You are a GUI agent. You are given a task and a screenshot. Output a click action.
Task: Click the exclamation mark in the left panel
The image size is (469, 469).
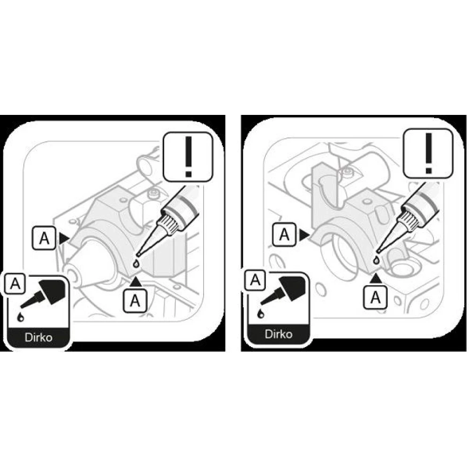click(188, 157)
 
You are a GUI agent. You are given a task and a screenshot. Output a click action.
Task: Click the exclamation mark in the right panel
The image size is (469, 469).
click(429, 153)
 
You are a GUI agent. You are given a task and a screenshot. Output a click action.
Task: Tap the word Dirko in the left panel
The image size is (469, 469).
click(38, 337)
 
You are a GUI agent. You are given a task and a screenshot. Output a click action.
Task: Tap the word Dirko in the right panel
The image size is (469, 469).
click(279, 334)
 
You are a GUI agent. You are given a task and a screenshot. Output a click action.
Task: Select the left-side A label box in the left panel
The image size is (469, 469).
click(44, 238)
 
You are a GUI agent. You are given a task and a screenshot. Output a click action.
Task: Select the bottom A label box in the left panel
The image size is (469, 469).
click(135, 300)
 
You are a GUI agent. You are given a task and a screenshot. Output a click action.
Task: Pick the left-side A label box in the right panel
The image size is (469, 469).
click(284, 234)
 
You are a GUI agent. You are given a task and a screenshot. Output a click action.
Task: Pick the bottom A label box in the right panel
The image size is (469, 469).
click(375, 297)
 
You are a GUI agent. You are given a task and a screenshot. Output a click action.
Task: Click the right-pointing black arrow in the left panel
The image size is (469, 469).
click(64, 238)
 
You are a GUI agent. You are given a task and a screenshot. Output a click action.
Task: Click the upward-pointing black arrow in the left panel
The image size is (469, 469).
click(136, 282)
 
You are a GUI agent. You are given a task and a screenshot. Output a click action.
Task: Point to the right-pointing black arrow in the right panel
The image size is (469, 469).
click(304, 235)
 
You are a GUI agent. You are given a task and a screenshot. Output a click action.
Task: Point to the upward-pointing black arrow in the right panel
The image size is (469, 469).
click(376, 278)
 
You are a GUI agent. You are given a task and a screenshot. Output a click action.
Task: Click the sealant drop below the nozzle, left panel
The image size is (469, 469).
click(136, 264)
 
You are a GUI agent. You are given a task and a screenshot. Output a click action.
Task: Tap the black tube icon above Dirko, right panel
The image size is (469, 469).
click(284, 289)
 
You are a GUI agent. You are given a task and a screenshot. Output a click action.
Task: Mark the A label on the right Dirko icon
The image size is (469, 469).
click(255, 280)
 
